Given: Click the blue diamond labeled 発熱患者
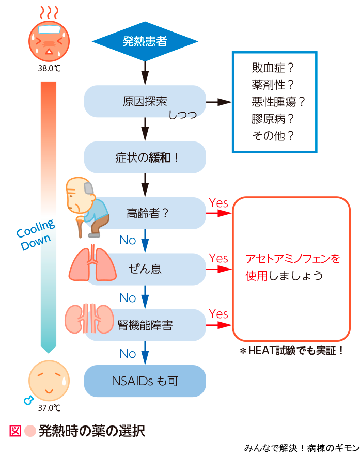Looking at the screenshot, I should (x=145, y=41).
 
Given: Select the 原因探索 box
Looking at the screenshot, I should (x=145, y=101).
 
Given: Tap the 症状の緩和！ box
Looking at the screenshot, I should (x=145, y=157).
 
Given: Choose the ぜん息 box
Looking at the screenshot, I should (x=145, y=269).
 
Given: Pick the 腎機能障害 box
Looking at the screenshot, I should (x=145, y=325).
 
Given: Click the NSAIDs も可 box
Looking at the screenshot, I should (x=145, y=381).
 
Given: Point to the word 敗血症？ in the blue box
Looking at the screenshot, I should (x=273, y=68).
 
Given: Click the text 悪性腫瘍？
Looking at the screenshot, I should (x=278, y=102).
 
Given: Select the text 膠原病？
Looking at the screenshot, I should (x=273, y=119).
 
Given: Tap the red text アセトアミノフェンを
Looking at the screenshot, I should (x=293, y=258).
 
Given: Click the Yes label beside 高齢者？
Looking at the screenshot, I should (x=218, y=203).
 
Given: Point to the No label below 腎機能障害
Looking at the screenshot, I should (x=128, y=354).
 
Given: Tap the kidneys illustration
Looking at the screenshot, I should (x=90, y=319).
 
